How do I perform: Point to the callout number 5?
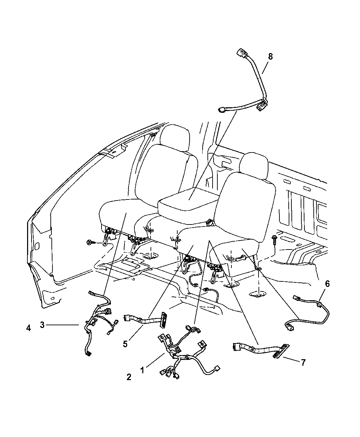pos(125,344)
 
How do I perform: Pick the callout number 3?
pos(42,325)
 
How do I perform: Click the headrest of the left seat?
pos(174,137)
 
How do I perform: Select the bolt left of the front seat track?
pos(90,243)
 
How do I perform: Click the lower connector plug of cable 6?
pos(288,332)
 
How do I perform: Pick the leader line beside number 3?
pos(62,325)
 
